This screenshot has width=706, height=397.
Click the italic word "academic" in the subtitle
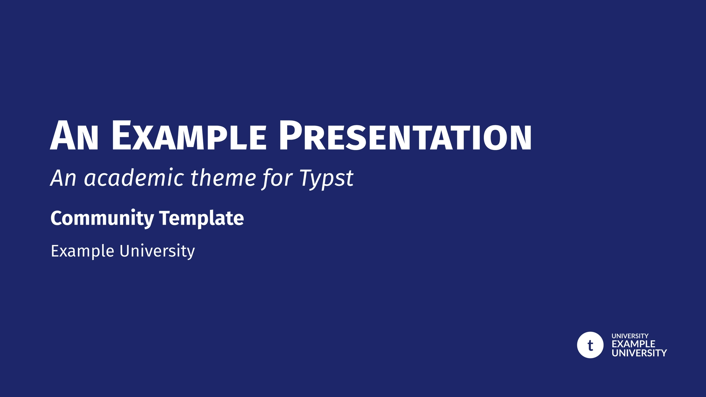click(134, 179)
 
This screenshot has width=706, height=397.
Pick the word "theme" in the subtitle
click(223, 178)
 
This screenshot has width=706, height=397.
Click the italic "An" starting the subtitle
click(63, 178)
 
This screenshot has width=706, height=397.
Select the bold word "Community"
click(102, 218)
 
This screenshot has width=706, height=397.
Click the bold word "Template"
click(202, 218)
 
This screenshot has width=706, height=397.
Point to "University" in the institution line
click(157, 251)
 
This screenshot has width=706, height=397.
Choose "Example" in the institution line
click(82, 251)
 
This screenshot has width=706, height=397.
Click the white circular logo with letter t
click(590, 345)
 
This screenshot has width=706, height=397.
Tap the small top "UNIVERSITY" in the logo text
click(630, 336)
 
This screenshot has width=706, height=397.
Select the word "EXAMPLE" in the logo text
click(633, 344)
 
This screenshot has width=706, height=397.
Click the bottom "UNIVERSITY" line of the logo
click(639, 353)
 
